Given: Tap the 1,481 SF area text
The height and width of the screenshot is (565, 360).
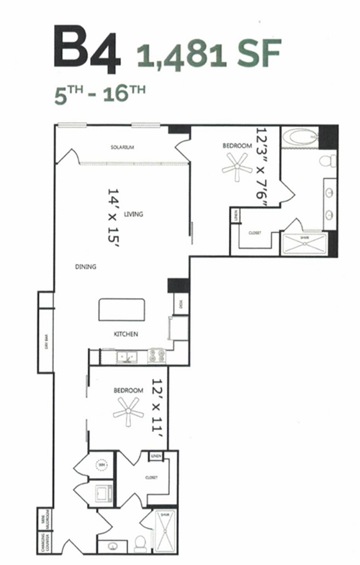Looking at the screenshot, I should coord(209,52).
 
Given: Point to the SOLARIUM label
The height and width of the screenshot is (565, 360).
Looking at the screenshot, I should coord(122,148).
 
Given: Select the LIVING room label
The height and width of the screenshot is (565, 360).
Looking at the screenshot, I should coord(134,214).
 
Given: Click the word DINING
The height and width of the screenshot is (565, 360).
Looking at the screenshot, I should coord(85,266).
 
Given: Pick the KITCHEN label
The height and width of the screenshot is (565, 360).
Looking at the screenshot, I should coord(126,334).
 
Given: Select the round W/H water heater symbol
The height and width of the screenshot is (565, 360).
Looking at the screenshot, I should coord(102,464).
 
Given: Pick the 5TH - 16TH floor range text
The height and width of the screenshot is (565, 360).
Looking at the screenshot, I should coord(99,95).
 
